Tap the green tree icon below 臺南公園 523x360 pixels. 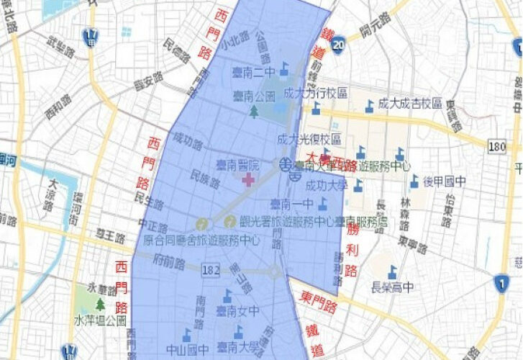click(x=254, y=110)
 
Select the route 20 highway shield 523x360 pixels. click(x=338, y=43)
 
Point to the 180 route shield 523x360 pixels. click(x=496, y=146)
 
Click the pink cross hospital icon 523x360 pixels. click(x=248, y=179)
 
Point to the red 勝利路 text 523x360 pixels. click(x=351, y=249)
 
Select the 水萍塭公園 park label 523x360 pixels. click(x=100, y=320)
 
